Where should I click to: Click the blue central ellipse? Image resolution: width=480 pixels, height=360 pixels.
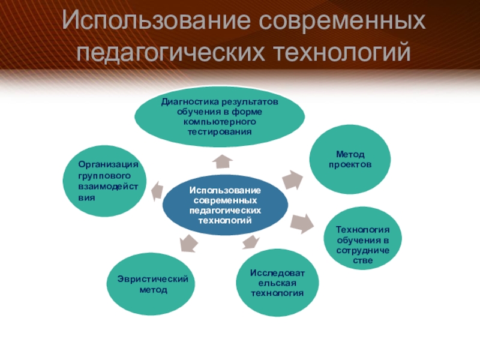(x=223, y=205)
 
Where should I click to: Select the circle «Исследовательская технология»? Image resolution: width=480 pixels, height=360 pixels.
(x=277, y=283)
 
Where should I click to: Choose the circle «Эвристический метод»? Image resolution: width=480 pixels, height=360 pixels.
(x=153, y=284)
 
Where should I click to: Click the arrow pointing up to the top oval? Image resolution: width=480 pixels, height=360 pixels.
(x=223, y=160)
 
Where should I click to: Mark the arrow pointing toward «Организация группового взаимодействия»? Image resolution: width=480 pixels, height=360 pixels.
(x=156, y=190)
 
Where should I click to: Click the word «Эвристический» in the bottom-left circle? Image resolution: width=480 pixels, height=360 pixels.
(x=153, y=280)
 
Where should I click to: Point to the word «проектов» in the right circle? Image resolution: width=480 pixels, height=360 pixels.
(x=350, y=164)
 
